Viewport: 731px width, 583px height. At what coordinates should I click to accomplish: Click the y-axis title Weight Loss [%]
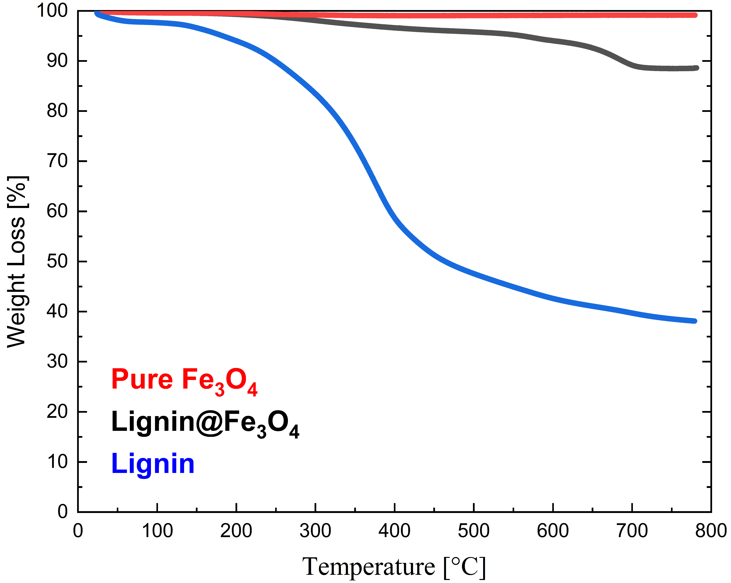coord(17,262)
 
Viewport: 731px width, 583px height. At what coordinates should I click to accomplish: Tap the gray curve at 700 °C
coord(632,65)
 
